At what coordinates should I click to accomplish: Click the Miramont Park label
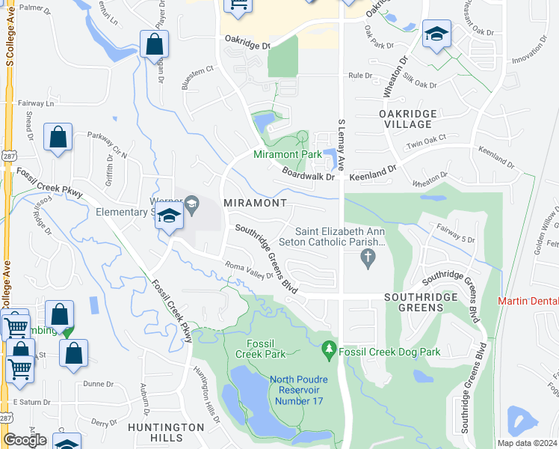(288, 154)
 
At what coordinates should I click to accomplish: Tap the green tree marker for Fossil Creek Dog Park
(328, 349)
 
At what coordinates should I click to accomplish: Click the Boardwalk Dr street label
(307, 173)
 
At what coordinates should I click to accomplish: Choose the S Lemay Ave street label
(342, 145)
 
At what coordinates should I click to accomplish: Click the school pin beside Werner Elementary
(170, 217)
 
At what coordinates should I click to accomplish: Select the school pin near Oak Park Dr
(436, 34)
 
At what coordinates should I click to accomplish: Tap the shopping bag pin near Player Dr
(153, 44)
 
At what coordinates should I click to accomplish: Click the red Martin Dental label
(528, 301)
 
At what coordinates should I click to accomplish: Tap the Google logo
(25, 440)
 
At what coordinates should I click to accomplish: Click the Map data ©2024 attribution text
(526, 443)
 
